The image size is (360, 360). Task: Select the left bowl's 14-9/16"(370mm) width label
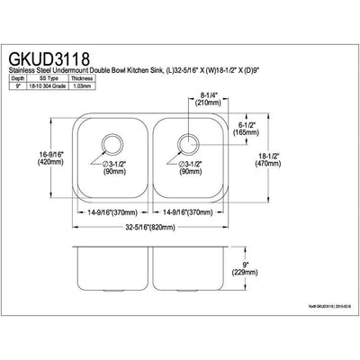[x=111, y=212]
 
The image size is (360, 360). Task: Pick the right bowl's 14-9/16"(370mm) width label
[x=187, y=212]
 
